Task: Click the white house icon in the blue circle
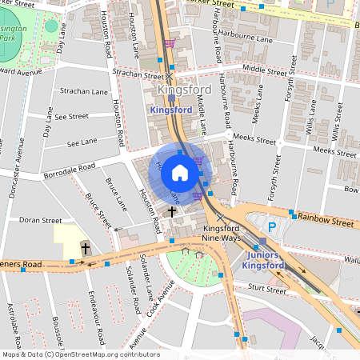tap(180, 172)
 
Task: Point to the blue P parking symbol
tap(272, 227)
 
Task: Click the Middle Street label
tap(264, 71)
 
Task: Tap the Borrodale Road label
tap(70, 170)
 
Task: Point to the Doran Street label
tap(40, 220)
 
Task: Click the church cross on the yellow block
tap(86, 248)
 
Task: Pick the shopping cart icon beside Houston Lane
tap(169, 44)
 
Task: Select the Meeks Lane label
tap(256, 116)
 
